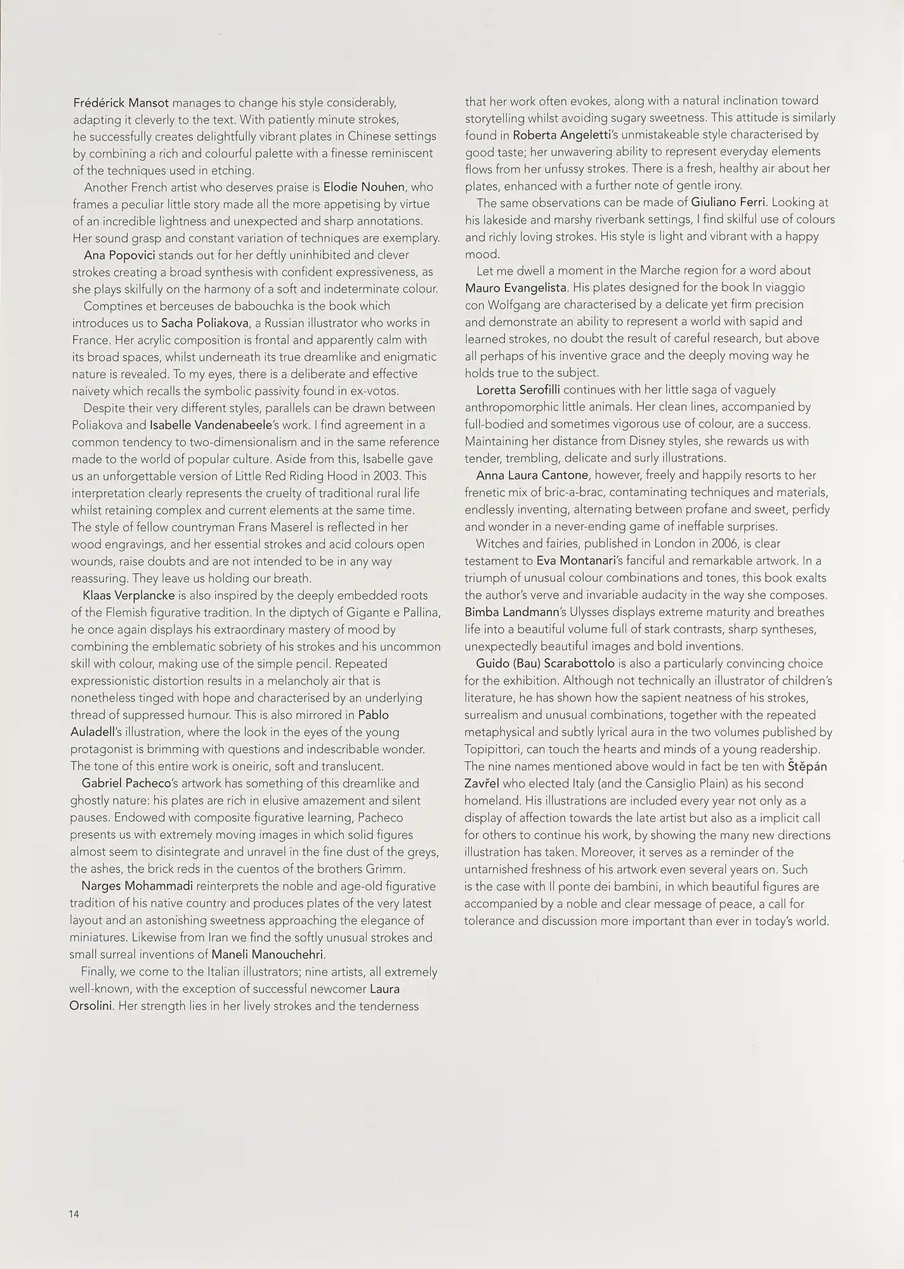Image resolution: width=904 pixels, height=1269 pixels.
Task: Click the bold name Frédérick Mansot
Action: tap(121, 102)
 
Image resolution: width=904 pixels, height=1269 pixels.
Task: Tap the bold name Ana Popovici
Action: tap(119, 255)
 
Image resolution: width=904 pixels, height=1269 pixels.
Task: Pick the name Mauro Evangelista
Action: tap(515, 287)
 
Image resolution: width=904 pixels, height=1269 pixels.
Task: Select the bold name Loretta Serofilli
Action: tap(518, 390)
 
